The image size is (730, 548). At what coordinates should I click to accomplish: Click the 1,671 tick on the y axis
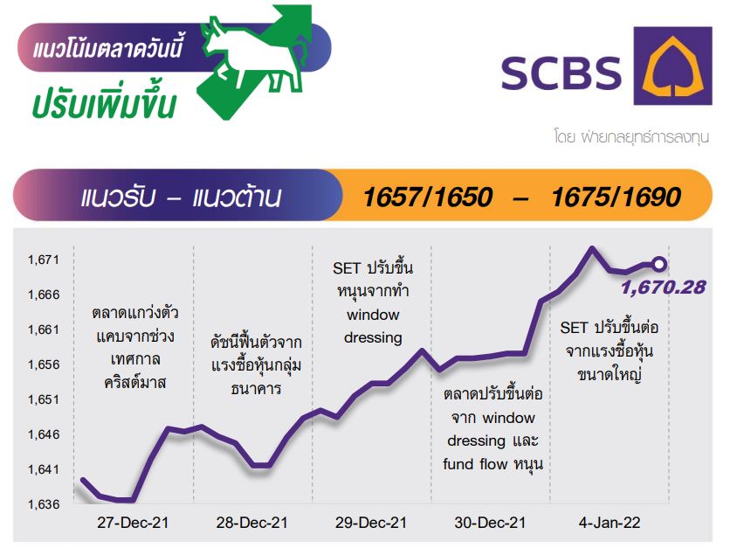tap(44, 260)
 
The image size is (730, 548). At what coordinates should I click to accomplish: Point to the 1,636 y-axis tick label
tap(44, 504)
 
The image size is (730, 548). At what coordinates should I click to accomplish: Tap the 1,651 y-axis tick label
tap(44, 399)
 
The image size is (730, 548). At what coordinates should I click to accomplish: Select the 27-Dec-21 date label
tap(133, 523)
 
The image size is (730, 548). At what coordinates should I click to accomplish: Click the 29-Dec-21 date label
tap(371, 523)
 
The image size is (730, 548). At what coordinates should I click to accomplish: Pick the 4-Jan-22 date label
tap(609, 523)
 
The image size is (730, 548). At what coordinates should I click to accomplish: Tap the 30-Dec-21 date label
tap(490, 523)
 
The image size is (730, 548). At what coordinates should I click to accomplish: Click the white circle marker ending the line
tap(658, 265)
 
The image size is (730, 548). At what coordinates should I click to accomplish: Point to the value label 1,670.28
tap(664, 287)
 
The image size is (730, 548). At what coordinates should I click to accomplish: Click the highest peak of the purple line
tap(592, 248)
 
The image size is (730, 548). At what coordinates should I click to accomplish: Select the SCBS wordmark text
tap(561, 73)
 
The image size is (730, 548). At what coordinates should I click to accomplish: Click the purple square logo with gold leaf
tap(672, 66)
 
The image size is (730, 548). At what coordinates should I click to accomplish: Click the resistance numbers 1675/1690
tap(616, 197)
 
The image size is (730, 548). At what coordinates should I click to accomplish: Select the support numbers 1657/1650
tap(427, 197)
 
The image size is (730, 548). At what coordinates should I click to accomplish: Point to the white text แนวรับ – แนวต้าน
tap(181, 198)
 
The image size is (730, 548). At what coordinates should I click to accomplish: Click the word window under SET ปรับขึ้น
tap(373, 315)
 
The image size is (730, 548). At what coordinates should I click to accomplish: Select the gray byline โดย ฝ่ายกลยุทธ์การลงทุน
tap(631, 137)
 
